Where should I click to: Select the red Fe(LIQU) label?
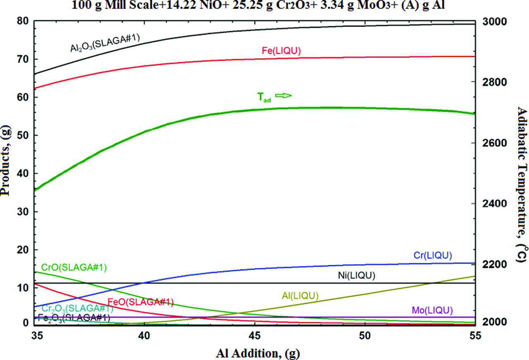[x=281, y=50]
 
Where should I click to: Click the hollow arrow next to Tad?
[x=284, y=95]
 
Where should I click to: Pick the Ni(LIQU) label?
[x=357, y=275]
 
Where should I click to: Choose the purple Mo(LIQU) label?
[x=432, y=310]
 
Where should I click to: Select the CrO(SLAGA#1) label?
[x=74, y=267]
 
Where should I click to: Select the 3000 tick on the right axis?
[x=493, y=21]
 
